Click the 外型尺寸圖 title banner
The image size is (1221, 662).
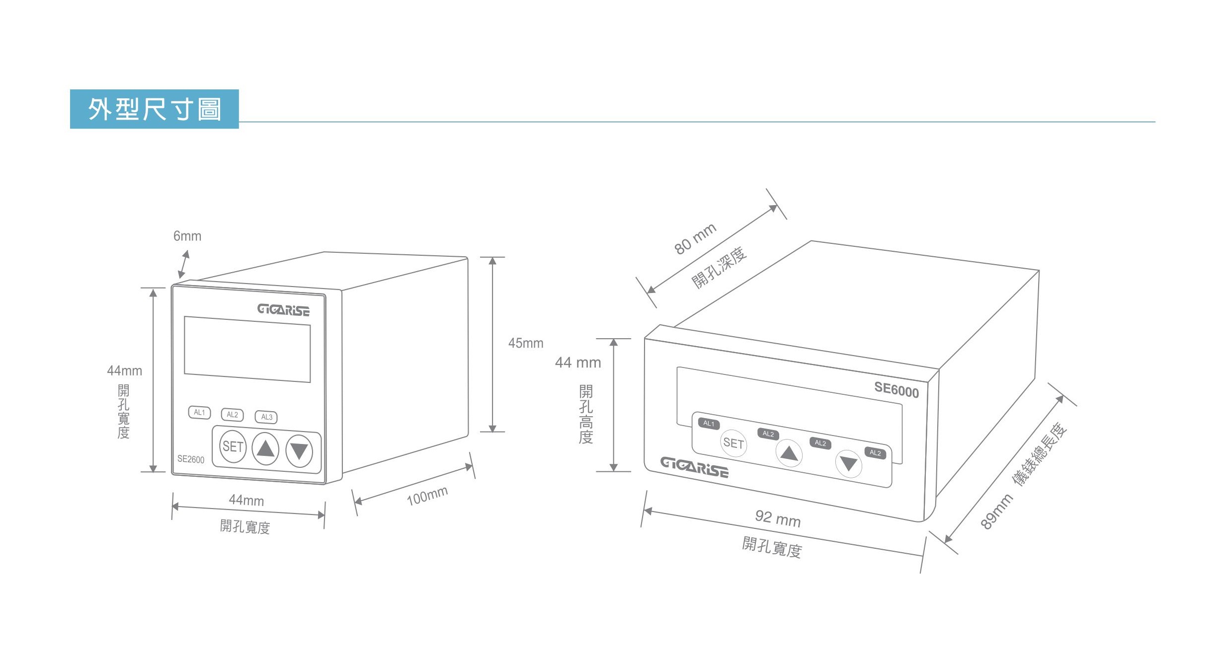154,109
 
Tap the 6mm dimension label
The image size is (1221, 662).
187,236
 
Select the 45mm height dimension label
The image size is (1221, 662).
526,343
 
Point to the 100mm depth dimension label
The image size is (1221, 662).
427,496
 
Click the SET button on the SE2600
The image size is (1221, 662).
233,446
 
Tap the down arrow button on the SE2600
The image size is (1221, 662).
299,451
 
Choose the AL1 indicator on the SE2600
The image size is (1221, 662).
199,412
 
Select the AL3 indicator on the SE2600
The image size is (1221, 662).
266,417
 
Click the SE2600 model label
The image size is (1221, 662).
191,459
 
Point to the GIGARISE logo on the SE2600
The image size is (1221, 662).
283,310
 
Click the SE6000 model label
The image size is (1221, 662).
896,390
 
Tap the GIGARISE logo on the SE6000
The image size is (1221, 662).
694,467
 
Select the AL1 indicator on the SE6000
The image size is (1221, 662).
709,424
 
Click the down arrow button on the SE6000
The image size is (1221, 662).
848,464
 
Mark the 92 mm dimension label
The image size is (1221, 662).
778,518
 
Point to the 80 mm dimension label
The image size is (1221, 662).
695,239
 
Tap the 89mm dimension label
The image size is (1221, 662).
996,512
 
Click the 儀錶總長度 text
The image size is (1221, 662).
1040,454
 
